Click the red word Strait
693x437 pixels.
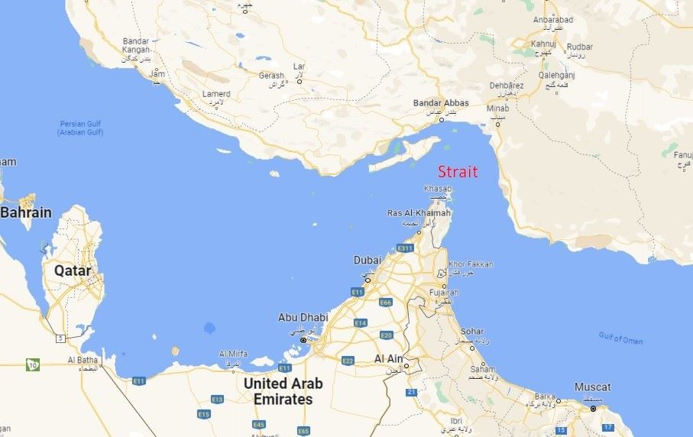tap(458, 171)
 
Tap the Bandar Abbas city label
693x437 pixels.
tap(440, 103)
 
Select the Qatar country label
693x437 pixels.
tap(73, 270)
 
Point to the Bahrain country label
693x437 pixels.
tap(25, 212)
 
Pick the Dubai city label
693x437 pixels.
tap(367, 261)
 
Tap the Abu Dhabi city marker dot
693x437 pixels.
tap(303, 340)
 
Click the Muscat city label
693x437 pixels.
tap(592, 387)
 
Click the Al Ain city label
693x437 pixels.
tap(389, 358)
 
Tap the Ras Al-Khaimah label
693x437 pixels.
tap(419, 213)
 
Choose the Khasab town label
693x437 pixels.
tap(438, 189)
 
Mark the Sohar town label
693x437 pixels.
tap(472, 332)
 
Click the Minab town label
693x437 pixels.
tap(497, 108)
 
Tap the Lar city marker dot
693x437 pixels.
tap(300, 81)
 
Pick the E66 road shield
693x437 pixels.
tap(385, 303)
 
